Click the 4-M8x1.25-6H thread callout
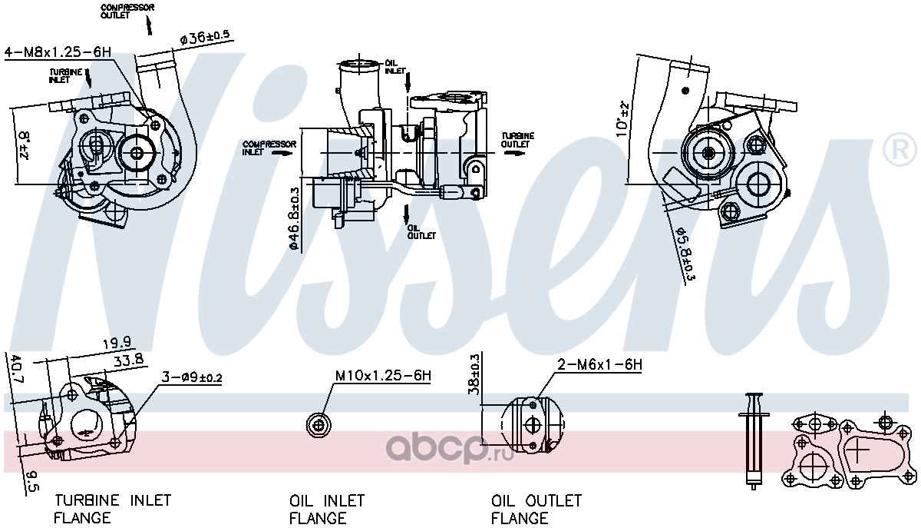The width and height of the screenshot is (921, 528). (x=58, y=52)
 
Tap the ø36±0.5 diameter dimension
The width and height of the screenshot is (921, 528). (x=204, y=38)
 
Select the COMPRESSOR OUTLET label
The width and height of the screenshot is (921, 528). (x=127, y=12)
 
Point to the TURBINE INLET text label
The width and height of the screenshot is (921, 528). (x=66, y=76)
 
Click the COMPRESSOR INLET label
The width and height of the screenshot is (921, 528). (x=269, y=148)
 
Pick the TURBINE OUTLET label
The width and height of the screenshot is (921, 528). (x=517, y=140)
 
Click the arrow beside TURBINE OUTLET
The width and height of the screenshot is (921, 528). (x=514, y=153)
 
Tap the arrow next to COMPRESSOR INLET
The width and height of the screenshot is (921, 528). (x=283, y=153)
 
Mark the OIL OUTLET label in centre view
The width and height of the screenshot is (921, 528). (x=421, y=232)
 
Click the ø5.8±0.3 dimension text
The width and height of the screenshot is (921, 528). (x=686, y=253)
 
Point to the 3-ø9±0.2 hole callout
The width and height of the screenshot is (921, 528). (x=192, y=377)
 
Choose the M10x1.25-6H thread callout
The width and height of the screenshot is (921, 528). (x=383, y=376)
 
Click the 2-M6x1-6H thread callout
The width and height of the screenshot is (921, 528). (x=599, y=364)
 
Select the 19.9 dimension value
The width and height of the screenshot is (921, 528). (x=117, y=343)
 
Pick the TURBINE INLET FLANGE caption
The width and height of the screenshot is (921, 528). (x=112, y=509)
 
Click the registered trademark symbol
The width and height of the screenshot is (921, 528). (x=900, y=149)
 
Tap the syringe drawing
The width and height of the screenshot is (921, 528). (x=754, y=441)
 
